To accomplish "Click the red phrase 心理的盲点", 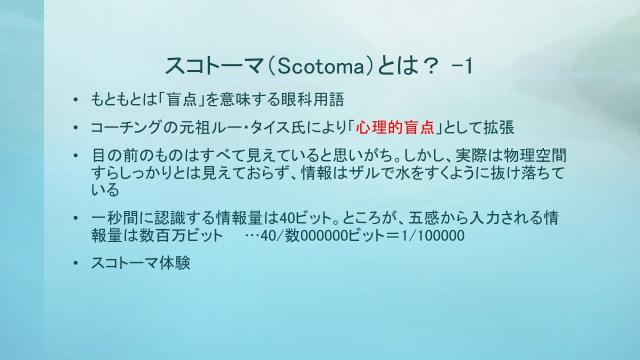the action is tap(395, 127).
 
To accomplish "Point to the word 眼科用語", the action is tap(312, 99).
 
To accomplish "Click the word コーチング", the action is tap(125, 127).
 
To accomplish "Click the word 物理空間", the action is tap(534, 155).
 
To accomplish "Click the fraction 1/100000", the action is tap(432, 235).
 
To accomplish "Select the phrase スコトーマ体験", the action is tap(140, 263).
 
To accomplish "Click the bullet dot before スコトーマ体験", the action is tap(75, 263).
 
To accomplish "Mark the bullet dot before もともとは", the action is tap(75, 99).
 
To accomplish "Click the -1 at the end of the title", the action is tap(461, 66).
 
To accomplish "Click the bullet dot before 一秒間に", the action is tap(75, 218).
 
